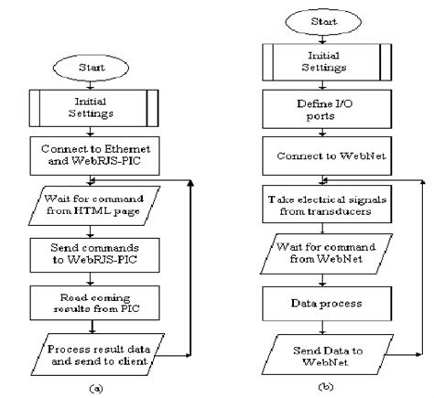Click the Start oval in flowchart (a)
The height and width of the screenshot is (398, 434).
(x=91, y=68)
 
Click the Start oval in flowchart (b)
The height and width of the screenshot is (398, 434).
(x=323, y=22)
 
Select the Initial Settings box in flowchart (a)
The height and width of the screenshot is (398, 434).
(x=93, y=108)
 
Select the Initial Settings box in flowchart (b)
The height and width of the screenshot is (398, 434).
(x=327, y=62)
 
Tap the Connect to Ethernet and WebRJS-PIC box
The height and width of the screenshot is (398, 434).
(x=94, y=156)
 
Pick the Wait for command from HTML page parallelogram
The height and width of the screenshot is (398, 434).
(x=94, y=206)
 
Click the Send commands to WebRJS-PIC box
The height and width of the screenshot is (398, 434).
(x=94, y=255)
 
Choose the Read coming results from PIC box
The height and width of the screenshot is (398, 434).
(x=94, y=303)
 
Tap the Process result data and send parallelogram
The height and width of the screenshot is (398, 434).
(x=98, y=354)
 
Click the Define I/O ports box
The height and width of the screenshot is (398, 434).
(x=327, y=109)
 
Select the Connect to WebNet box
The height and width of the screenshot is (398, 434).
(x=327, y=156)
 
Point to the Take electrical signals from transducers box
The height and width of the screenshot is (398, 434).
(x=327, y=204)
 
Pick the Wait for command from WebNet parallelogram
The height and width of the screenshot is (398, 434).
(x=326, y=253)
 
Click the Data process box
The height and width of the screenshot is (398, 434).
(x=327, y=304)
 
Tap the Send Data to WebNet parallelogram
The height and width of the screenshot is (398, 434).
(x=328, y=354)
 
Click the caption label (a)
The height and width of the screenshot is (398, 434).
(x=96, y=389)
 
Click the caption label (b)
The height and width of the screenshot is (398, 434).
(x=325, y=387)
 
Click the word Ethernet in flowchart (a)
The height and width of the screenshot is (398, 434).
(x=127, y=149)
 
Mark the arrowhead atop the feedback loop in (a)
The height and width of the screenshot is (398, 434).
(x=190, y=183)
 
